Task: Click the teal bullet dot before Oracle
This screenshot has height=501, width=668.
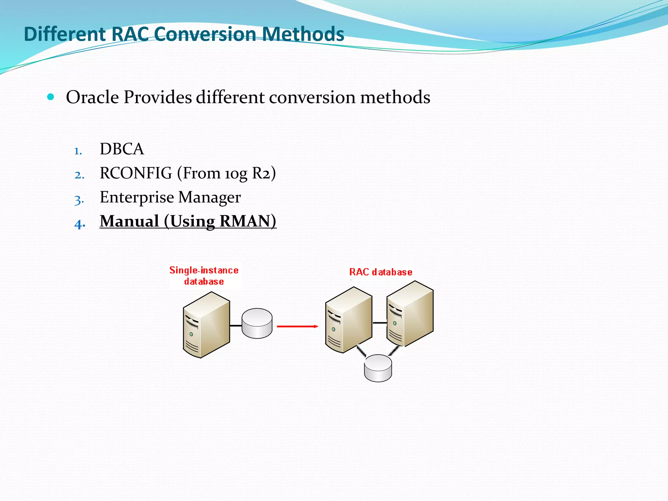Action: coord(51,97)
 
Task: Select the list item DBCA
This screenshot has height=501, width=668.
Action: coord(122,149)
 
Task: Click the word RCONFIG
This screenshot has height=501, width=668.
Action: coord(136,173)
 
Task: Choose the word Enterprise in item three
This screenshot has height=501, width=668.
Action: coord(137,197)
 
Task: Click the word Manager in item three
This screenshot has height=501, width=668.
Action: coord(209,198)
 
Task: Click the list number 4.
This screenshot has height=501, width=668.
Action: coord(80,224)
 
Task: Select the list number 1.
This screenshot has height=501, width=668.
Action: coord(78,151)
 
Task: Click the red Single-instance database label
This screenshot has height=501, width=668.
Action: coord(204,276)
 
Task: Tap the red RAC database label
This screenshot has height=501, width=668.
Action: coord(381,272)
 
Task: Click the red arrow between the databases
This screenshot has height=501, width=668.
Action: coord(297,326)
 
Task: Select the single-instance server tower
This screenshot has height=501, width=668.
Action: coord(206,325)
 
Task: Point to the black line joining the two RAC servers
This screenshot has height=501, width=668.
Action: coord(379,323)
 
